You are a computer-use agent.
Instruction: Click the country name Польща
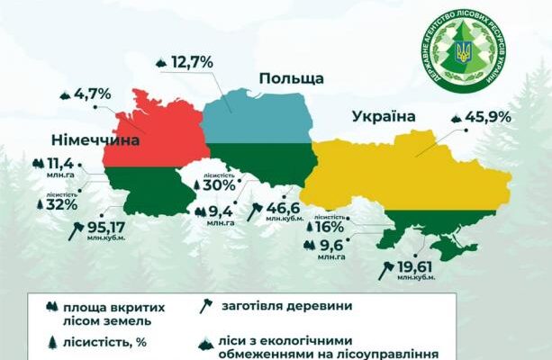(x=291, y=79)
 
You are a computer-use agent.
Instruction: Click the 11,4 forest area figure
(x=60, y=164)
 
